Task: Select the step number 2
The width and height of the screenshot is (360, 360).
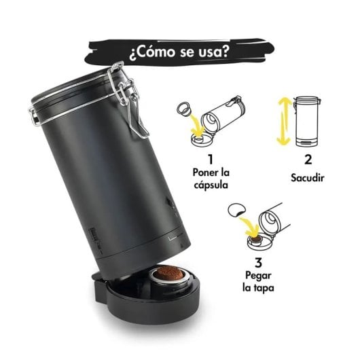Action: point(308,160)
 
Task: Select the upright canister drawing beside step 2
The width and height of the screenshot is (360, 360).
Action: point(309,120)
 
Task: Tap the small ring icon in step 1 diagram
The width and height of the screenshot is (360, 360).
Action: point(183,109)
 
